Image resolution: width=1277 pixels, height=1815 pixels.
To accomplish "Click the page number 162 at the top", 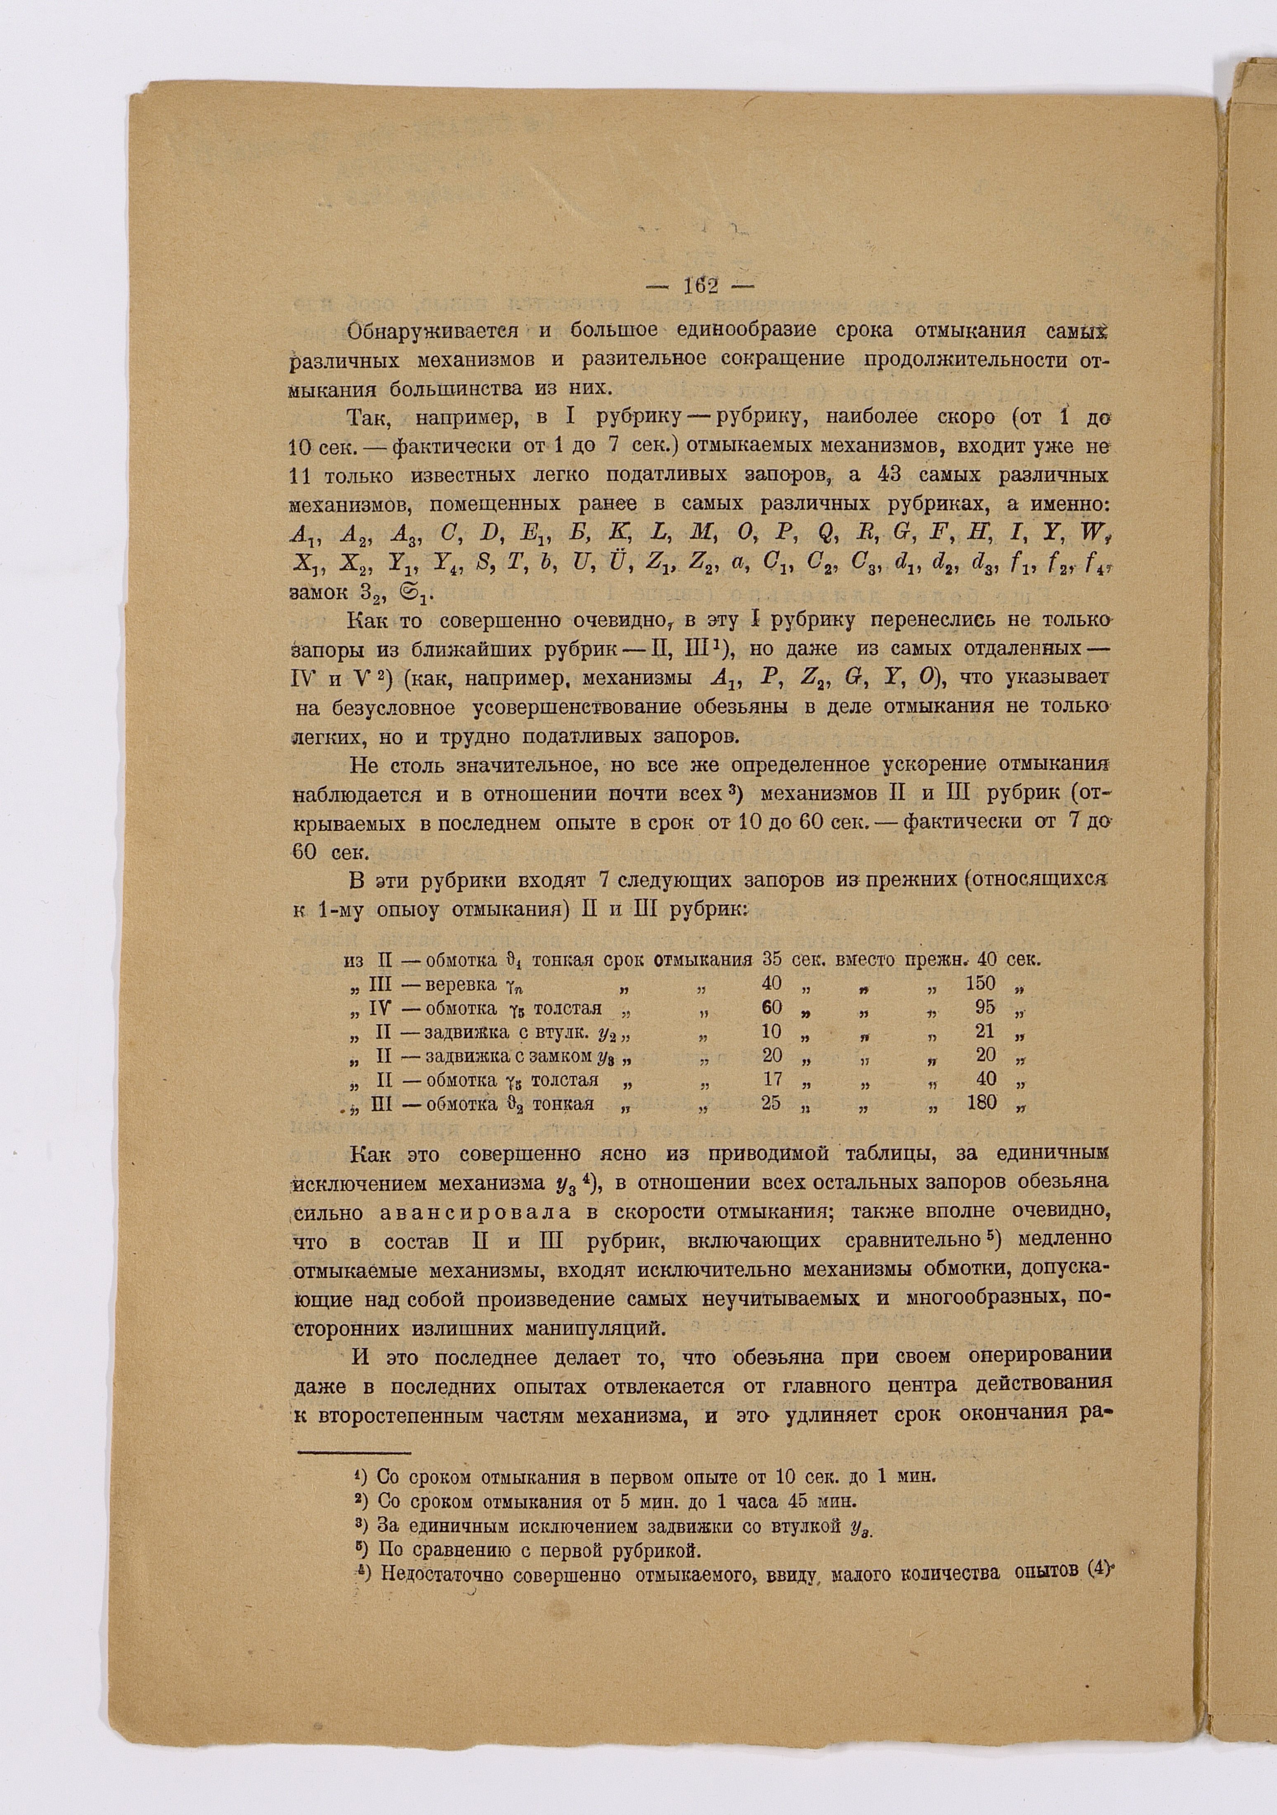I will tap(699, 287).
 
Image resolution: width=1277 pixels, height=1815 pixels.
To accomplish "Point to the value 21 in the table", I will tap(985, 1032).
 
